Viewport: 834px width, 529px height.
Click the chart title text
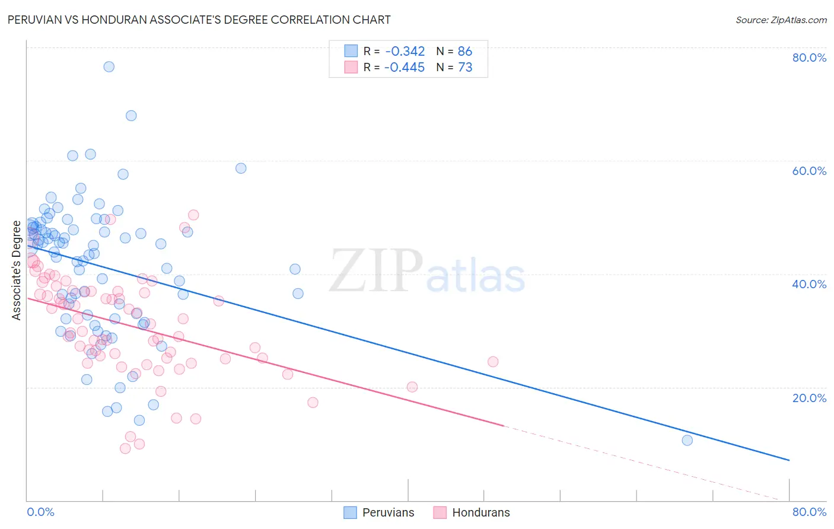coord(199,20)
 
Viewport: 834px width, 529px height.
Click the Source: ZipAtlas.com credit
coord(781,20)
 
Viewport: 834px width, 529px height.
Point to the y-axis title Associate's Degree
coord(17,270)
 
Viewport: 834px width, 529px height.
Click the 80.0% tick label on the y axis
coord(809,58)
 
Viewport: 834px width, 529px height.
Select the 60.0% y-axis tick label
coord(809,171)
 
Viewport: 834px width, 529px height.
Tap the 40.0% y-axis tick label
coord(809,284)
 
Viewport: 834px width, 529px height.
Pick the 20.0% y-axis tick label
coord(809,398)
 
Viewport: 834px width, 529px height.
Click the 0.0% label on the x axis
coord(40,512)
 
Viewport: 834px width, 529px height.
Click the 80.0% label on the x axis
coord(809,512)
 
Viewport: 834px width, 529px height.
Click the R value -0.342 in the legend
coord(405,51)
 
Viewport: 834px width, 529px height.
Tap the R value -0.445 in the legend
coord(405,68)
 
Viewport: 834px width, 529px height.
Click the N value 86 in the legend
coord(465,51)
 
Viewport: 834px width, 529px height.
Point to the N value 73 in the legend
coord(465,68)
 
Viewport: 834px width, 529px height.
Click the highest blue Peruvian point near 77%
coord(109,66)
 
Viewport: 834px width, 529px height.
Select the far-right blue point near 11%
coord(687,440)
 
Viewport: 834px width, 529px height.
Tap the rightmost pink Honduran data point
coord(492,362)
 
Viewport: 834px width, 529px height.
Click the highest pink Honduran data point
coord(193,215)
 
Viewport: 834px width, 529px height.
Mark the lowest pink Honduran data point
coord(125,448)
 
